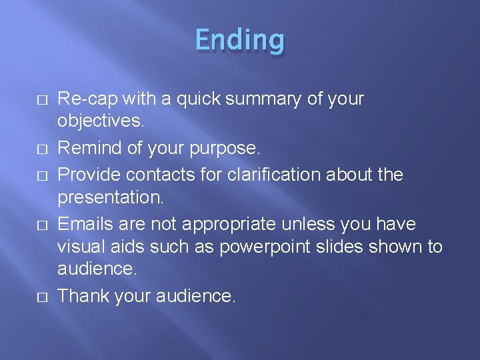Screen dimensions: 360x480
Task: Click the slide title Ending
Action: pos(240,40)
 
